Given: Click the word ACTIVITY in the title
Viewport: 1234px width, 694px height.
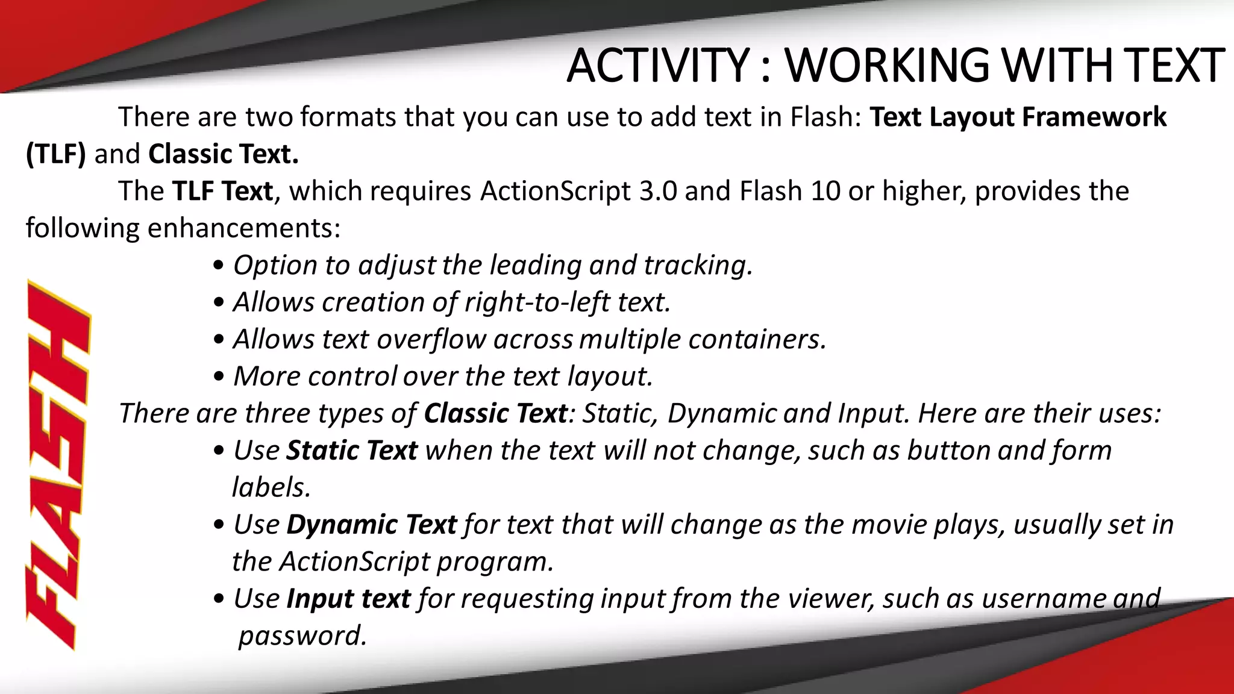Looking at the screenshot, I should click(658, 66).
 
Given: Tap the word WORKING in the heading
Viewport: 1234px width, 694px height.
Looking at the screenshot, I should click(887, 66).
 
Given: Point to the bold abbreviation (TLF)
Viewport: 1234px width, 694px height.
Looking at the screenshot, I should click(56, 154).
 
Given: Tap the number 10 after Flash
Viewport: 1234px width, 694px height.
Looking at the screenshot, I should click(825, 192).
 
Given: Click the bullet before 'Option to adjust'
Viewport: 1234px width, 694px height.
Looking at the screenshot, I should click(219, 266).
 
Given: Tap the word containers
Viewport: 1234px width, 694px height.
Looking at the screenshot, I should click(757, 340).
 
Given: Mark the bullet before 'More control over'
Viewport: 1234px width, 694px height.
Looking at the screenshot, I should click(219, 377).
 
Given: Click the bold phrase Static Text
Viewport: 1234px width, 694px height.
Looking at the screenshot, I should click(352, 451).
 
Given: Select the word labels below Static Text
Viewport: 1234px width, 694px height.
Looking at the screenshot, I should click(271, 487).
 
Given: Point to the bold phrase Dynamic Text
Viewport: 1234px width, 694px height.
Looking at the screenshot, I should click(371, 525).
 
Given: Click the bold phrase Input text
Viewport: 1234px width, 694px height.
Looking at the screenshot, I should click(348, 599).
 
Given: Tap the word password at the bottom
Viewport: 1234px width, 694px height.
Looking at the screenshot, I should click(302, 636).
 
